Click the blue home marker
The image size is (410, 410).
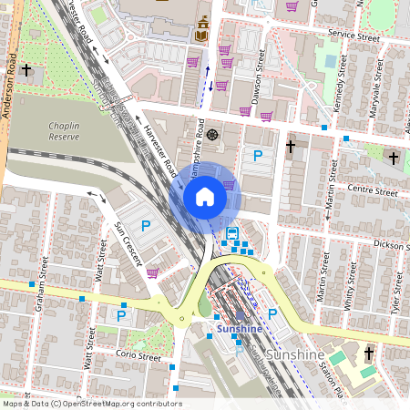point(205,196)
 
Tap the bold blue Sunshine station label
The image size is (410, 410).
point(239,328)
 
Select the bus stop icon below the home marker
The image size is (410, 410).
point(232,233)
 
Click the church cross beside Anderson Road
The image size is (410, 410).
point(27,69)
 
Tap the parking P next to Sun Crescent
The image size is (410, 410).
point(144,225)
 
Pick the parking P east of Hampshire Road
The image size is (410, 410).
point(258,156)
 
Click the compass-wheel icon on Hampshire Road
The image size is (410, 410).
point(212,135)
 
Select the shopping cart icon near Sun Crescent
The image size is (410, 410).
point(152,272)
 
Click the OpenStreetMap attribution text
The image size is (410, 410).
point(91,404)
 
